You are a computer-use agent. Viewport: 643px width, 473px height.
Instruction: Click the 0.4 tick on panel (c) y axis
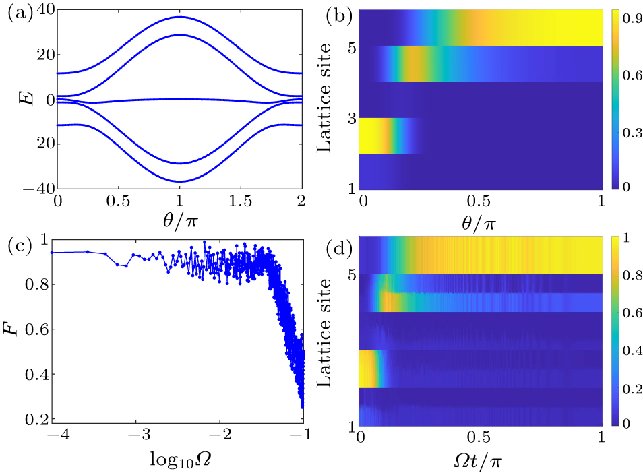(x=41, y=374)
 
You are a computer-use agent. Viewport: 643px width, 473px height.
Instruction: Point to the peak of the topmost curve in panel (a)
(x=179, y=17)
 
